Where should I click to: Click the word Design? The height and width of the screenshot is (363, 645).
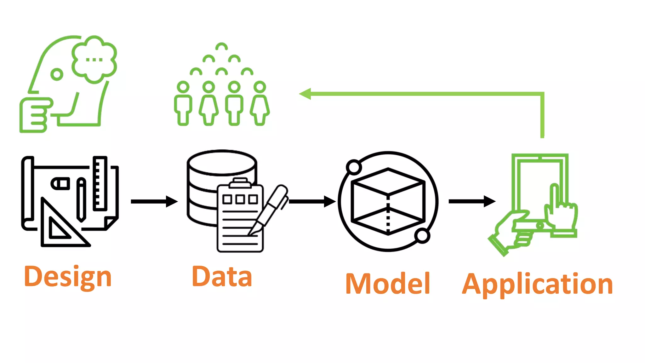click(68, 277)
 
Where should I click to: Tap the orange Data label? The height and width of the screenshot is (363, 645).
click(222, 277)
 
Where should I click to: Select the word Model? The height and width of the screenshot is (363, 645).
click(388, 284)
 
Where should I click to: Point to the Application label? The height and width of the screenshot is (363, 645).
click(537, 284)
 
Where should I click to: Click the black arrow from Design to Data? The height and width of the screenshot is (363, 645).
click(154, 201)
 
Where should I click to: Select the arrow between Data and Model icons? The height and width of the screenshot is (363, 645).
click(312, 201)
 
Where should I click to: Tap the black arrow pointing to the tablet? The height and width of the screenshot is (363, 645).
click(472, 201)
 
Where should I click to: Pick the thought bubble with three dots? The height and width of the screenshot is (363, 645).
click(94, 59)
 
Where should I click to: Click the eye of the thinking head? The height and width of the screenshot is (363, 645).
click(57, 75)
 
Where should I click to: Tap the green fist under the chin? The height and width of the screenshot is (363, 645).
click(34, 115)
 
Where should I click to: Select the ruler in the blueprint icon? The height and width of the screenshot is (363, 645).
click(100, 183)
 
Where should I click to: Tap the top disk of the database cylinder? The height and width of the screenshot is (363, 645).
click(222, 163)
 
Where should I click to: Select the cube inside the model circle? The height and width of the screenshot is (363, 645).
click(388, 202)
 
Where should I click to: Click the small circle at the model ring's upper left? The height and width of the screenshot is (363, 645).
click(354, 167)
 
